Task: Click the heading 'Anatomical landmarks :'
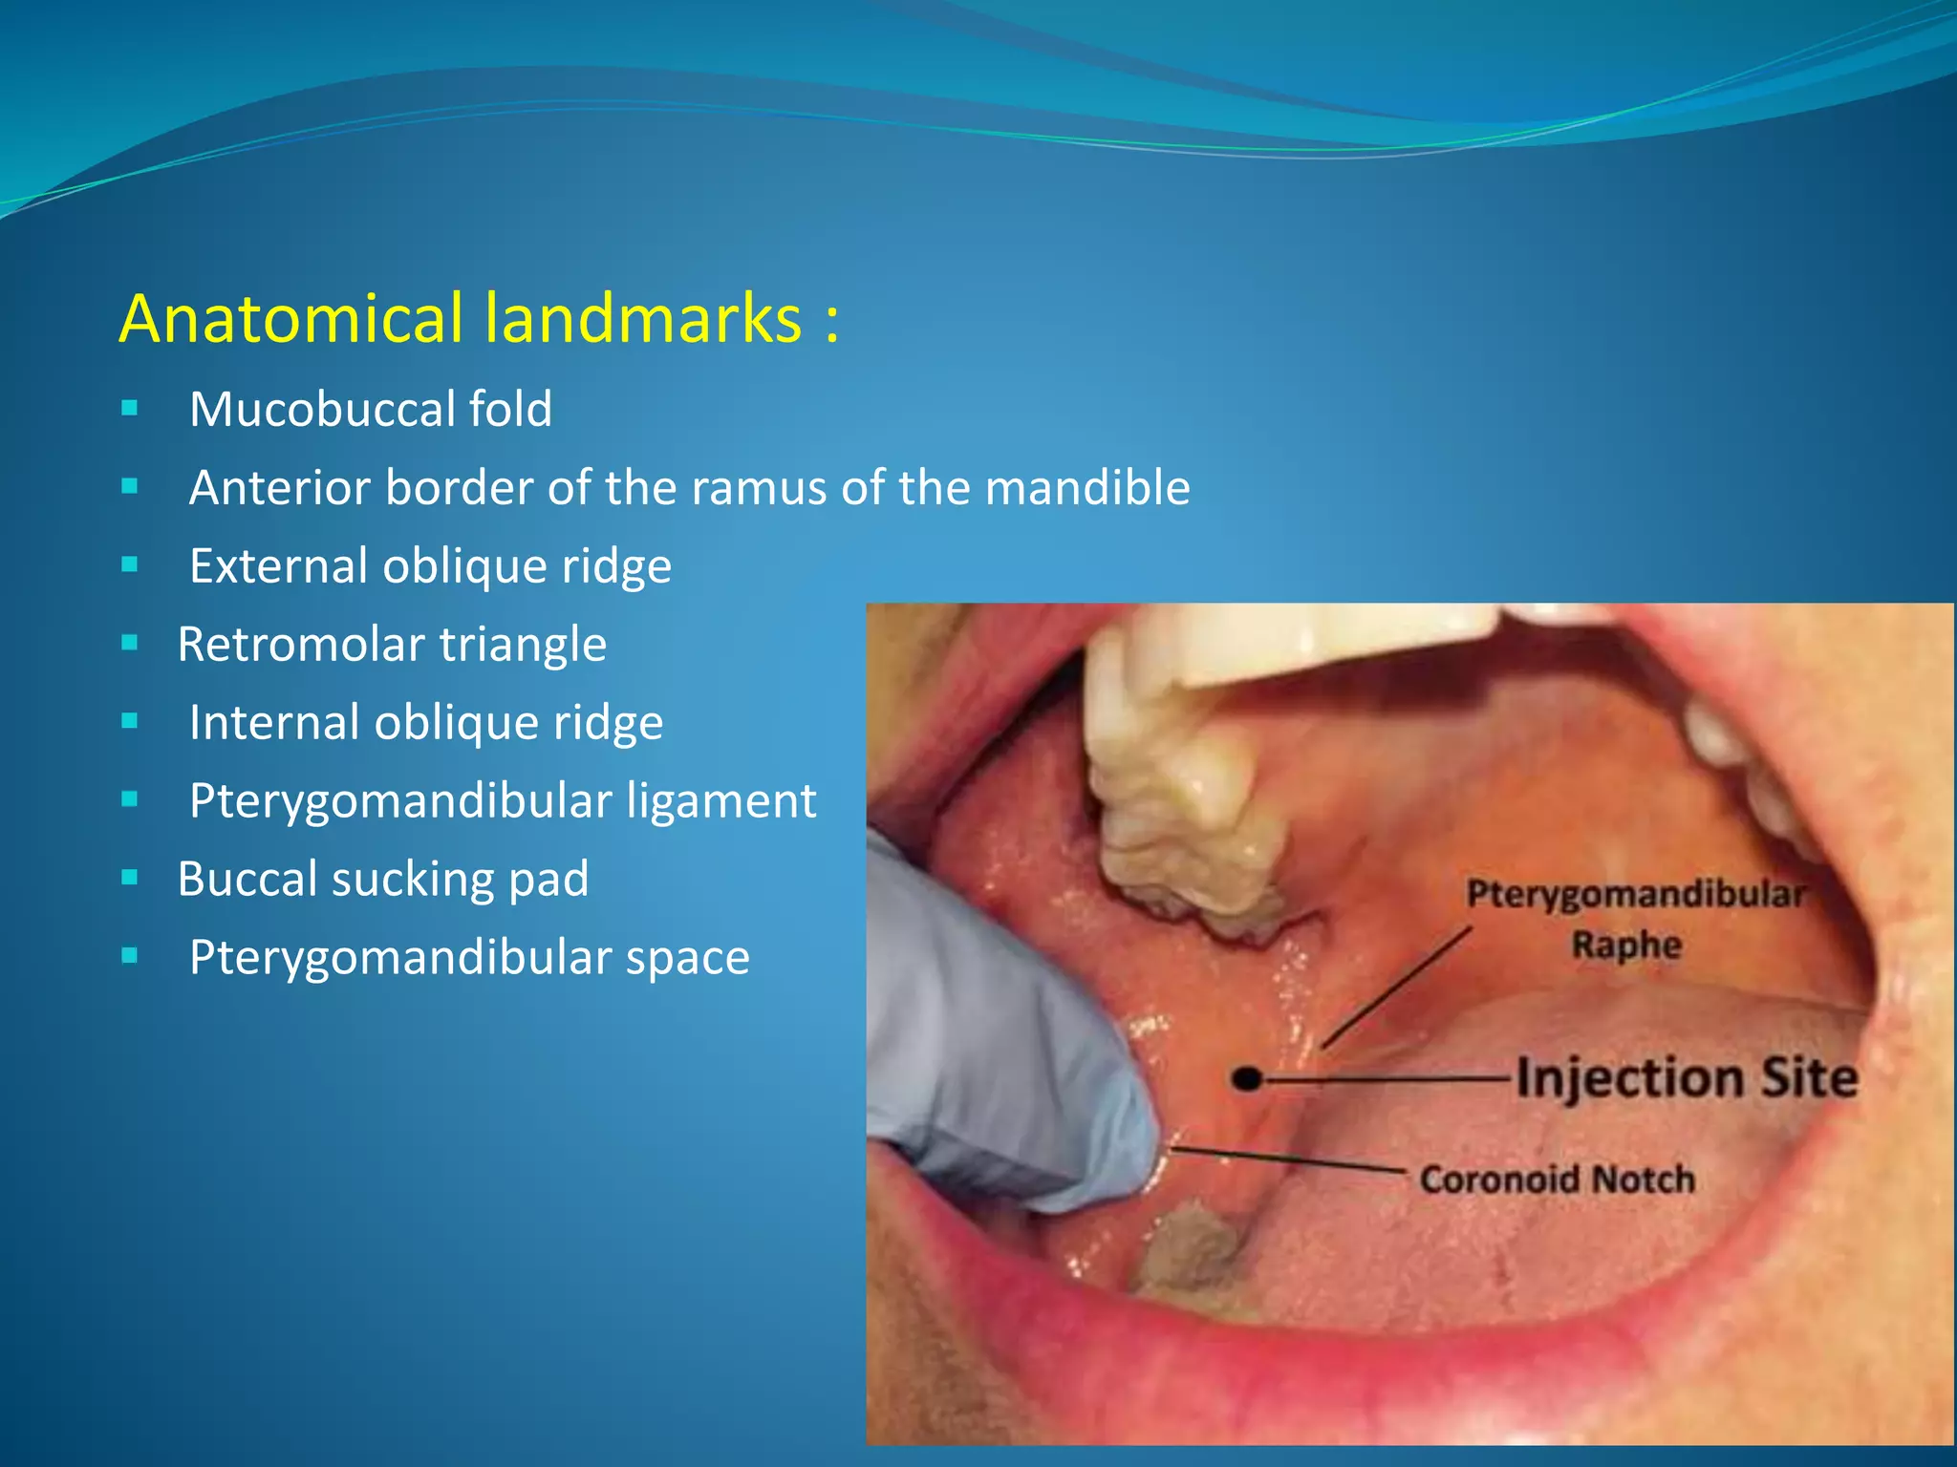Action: click(x=479, y=318)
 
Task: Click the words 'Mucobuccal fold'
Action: click(x=371, y=410)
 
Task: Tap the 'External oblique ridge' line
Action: click(x=430, y=566)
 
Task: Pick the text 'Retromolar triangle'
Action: click(x=392, y=645)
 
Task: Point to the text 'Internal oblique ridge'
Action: click(x=426, y=723)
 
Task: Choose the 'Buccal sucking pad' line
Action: click(x=383, y=880)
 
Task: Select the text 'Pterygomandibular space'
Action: click(x=469, y=958)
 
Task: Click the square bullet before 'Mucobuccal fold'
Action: click(x=130, y=410)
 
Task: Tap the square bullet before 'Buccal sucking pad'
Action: click(x=130, y=878)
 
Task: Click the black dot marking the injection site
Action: click(x=1246, y=1080)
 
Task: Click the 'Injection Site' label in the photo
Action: click(x=1687, y=1078)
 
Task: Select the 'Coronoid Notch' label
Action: click(x=1557, y=1180)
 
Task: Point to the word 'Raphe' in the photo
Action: click(x=1626, y=946)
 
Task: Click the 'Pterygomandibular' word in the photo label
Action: click(x=1635, y=895)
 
